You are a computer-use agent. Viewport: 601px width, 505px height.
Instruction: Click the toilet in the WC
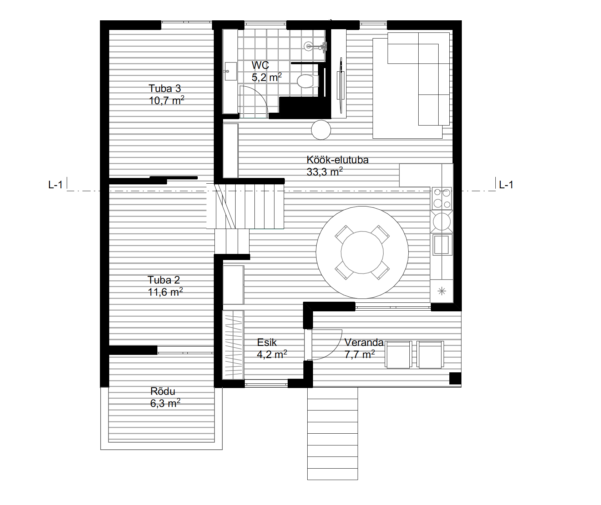(x=308, y=81)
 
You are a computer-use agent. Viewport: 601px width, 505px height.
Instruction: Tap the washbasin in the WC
(x=230, y=71)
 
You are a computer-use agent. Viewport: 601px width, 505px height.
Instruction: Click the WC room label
(x=260, y=65)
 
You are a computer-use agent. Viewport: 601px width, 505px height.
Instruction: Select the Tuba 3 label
(x=165, y=88)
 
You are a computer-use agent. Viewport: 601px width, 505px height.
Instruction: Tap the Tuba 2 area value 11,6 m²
(x=166, y=292)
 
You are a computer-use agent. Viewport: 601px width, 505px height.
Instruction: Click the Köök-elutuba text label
(x=338, y=159)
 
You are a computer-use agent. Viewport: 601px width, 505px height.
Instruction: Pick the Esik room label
(x=267, y=342)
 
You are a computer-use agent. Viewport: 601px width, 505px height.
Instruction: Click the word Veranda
(x=364, y=342)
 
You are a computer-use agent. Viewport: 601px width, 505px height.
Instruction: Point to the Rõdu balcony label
(x=163, y=391)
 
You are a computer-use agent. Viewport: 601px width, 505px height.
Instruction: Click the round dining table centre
(x=362, y=252)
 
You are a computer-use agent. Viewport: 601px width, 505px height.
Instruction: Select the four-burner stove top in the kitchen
(x=442, y=198)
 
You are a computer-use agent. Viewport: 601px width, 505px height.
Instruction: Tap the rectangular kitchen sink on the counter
(x=442, y=244)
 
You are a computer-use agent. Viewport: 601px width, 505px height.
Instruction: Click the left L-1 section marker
(x=55, y=185)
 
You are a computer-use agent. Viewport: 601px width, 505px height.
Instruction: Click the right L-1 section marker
(x=506, y=185)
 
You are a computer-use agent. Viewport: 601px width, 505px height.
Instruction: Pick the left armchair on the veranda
(x=399, y=354)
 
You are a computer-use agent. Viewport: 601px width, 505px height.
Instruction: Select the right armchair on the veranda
(x=431, y=354)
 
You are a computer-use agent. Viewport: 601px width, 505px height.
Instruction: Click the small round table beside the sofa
(x=321, y=130)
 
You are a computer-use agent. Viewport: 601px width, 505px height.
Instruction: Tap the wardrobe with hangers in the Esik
(x=233, y=345)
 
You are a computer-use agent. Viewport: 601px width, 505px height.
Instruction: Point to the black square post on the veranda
(x=455, y=378)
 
